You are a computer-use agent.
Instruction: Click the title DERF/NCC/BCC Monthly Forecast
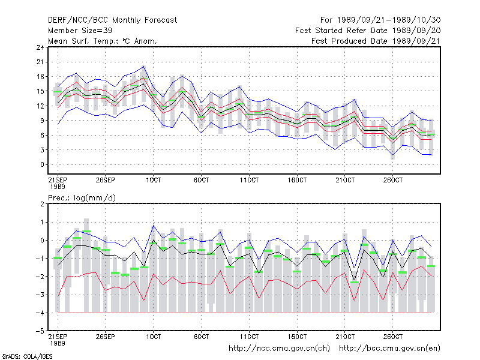pos(112,20)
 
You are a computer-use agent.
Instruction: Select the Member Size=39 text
pos(80,31)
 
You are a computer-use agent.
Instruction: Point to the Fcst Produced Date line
pos(376,41)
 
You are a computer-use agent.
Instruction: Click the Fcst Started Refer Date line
pos(368,31)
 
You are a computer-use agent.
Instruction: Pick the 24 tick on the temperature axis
pos(40,47)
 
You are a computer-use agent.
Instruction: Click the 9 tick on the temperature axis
pos(42,121)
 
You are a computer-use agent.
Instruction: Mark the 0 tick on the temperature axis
pos(42,164)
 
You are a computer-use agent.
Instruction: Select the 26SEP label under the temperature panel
pos(106,180)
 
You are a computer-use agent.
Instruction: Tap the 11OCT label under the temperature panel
pos(249,180)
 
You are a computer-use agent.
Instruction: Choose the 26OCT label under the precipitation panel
pos(393,337)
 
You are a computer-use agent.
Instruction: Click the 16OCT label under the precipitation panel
pos(297,337)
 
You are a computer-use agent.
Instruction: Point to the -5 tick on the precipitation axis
pos(40,331)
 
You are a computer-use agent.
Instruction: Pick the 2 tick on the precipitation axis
pos(42,204)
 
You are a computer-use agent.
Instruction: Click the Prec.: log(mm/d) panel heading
pos(82,198)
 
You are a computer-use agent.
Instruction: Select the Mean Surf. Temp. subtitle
pos(103,41)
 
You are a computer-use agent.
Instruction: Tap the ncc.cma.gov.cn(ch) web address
pos(279,349)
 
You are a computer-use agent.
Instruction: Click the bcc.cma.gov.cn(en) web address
pos(389,349)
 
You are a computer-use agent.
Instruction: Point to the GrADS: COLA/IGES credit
pos(27,356)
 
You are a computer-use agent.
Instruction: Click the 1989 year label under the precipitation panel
pos(58,343)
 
